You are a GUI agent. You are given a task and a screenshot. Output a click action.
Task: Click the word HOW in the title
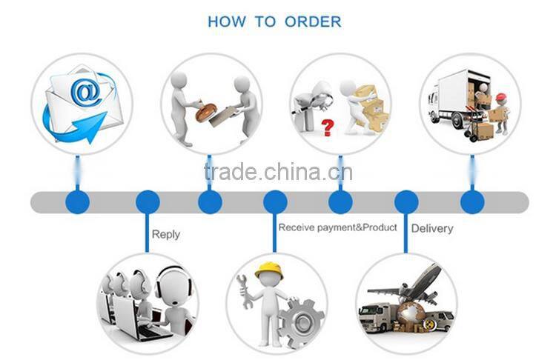click(x=226, y=21)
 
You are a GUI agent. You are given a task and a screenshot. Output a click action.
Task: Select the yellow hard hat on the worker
click(x=268, y=270)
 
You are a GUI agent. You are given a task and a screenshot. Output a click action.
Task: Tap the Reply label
click(x=165, y=234)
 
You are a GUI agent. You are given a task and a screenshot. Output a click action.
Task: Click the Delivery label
click(x=431, y=228)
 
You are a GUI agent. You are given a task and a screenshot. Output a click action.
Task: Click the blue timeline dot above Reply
click(x=148, y=201)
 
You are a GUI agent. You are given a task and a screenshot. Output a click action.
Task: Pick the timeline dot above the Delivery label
click(x=406, y=201)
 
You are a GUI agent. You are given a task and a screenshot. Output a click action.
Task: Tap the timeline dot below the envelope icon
click(x=77, y=201)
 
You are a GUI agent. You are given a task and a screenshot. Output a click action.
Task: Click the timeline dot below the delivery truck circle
click(x=472, y=201)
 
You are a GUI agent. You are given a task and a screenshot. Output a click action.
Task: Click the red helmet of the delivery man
click(x=502, y=98)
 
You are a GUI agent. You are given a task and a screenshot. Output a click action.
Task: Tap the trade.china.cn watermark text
click(x=278, y=173)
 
